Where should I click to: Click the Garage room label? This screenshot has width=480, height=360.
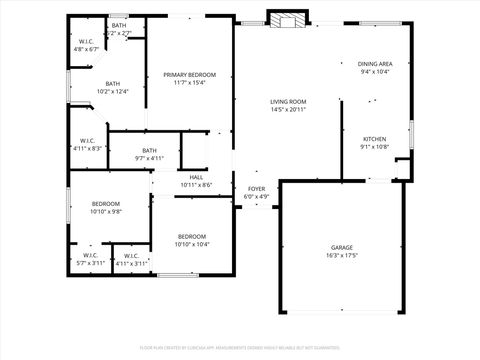pyautogui.click(x=342, y=247)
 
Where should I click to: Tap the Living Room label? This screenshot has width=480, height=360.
pyautogui.click(x=287, y=101)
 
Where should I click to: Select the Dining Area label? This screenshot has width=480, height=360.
pyautogui.click(x=374, y=63)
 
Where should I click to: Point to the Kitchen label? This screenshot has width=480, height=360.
pyautogui.click(x=374, y=139)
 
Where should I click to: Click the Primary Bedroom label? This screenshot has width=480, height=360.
pyautogui.click(x=194, y=75)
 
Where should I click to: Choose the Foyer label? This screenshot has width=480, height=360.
pyautogui.click(x=257, y=188)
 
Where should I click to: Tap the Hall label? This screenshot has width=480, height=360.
pyautogui.click(x=196, y=177)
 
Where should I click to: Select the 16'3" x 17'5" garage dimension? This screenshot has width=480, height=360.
pyautogui.click(x=342, y=256)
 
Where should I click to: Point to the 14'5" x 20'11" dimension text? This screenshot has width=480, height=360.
pyautogui.click(x=287, y=110)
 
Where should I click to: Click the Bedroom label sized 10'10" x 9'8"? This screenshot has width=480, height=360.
pyautogui.click(x=106, y=203)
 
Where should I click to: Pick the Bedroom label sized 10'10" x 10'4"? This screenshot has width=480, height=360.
pyautogui.click(x=192, y=236)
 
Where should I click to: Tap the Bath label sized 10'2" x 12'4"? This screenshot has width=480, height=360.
pyautogui.click(x=112, y=84)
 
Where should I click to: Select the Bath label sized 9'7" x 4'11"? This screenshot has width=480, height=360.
pyautogui.click(x=149, y=150)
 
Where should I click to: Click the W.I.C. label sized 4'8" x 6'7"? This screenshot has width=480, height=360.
pyautogui.click(x=86, y=41)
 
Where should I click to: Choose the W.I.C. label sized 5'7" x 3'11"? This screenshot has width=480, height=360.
pyautogui.click(x=90, y=255)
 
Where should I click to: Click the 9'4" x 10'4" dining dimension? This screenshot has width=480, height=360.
pyautogui.click(x=374, y=72)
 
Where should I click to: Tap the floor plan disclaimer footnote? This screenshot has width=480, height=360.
pyautogui.click(x=239, y=347)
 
